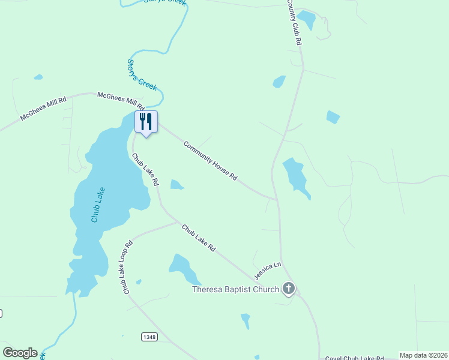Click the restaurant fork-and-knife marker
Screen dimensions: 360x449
pyautogui.click(x=146, y=122)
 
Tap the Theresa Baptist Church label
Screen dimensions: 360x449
pyautogui.click(x=235, y=290)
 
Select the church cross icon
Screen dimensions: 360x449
pyautogui.click(x=289, y=290)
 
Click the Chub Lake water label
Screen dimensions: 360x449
pyautogui.click(x=98, y=205)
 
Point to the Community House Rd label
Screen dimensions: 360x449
pyautogui.click(x=211, y=161)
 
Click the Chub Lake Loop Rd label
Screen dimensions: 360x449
pyautogui.click(x=128, y=268)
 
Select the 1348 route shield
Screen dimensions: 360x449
pyautogui.click(x=149, y=337)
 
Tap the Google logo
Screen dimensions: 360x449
pyautogui.click(x=20, y=353)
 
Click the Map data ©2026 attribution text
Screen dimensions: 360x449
pyautogui.click(x=424, y=355)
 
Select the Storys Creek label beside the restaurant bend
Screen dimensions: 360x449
pyautogui.click(x=142, y=74)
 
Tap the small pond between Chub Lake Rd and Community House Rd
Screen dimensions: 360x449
pyautogui.click(x=176, y=184)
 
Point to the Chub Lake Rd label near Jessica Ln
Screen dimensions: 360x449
pyautogui.click(x=199, y=238)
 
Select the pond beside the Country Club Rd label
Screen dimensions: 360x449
pyautogui.click(x=307, y=19)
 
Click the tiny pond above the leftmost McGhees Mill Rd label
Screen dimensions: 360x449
pyautogui.click(x=38, y=77)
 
